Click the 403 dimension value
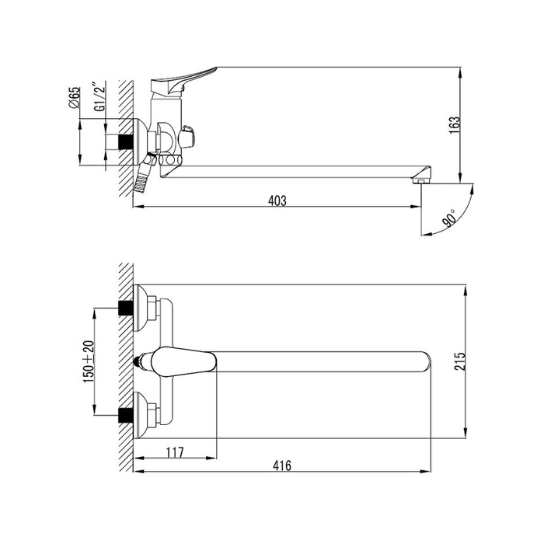coord(277,201)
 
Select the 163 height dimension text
coord(454,126)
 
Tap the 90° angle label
coord(449,218)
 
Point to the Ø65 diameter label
coord(75,97)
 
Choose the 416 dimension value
coord(281,466)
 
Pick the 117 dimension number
coord(175,452)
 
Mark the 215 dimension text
coord(459,361)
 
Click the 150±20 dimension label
coord(89,362)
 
